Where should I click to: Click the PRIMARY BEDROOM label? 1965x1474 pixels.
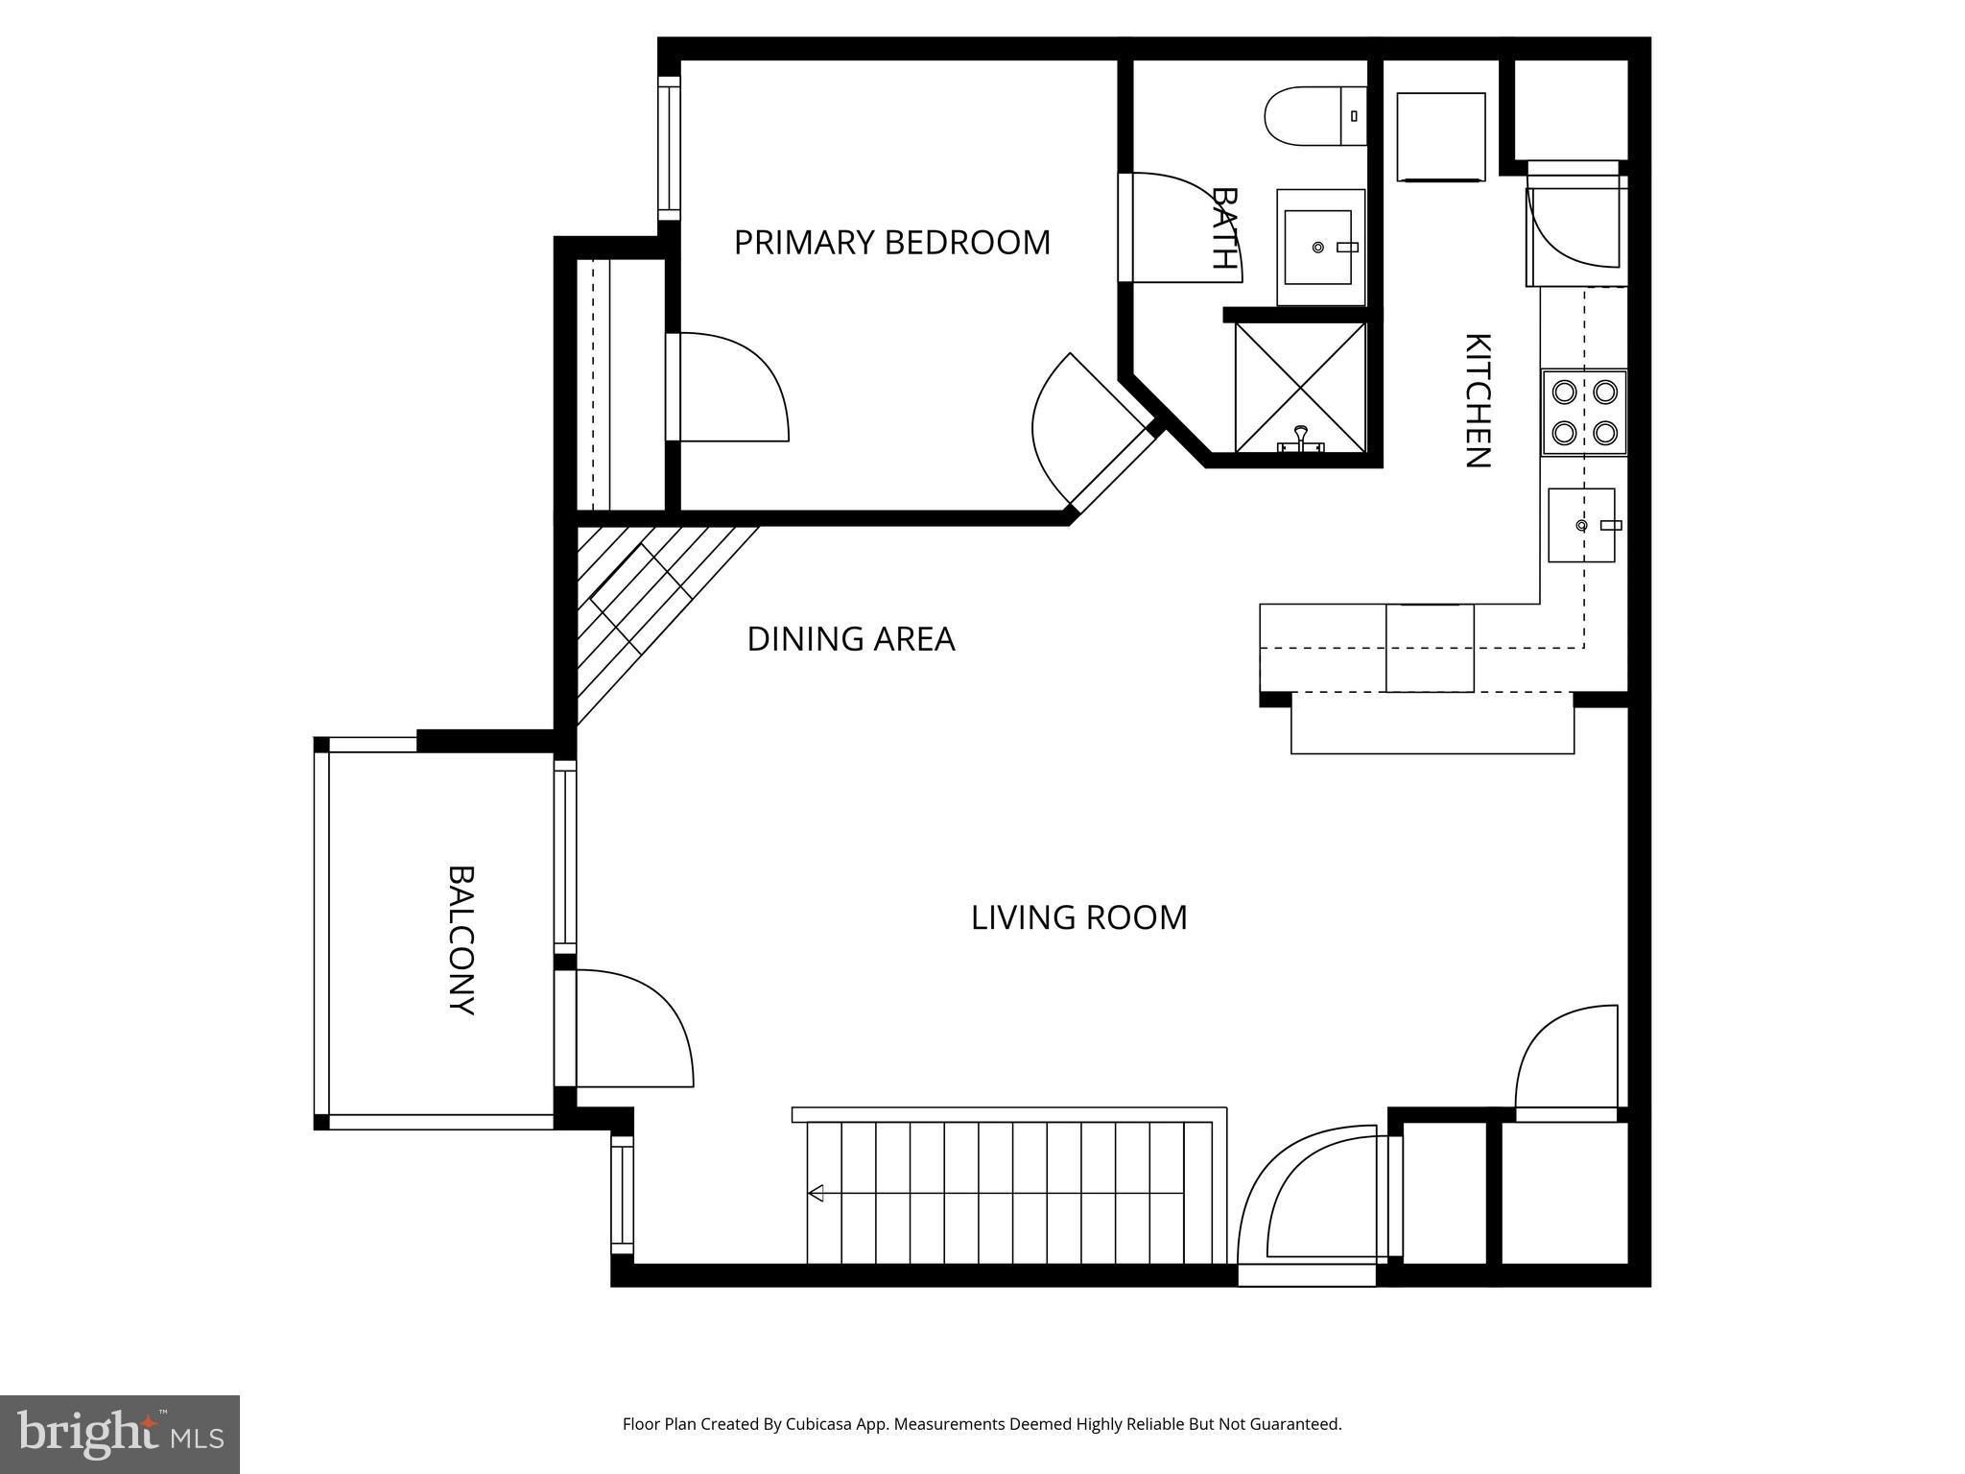(891, 243)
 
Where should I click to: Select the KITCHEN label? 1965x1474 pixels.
(1477, 400)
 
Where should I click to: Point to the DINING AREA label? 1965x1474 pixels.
(850, 639)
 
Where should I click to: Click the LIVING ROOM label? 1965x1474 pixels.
(1078, 917)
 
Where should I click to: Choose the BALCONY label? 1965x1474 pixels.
(462, 939)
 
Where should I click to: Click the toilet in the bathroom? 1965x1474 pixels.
(1314, 116)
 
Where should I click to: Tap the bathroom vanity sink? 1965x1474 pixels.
(1319, 248)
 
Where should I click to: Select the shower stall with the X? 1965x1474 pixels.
(1300, 387)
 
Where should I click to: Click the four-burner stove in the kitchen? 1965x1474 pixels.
(1583, 412)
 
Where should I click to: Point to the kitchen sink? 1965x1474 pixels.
(1581, 525)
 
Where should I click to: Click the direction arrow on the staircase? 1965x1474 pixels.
(817, 1194)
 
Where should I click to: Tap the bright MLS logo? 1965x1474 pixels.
(120, 1434)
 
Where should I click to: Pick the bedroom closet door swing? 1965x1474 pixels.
(729, 389)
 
